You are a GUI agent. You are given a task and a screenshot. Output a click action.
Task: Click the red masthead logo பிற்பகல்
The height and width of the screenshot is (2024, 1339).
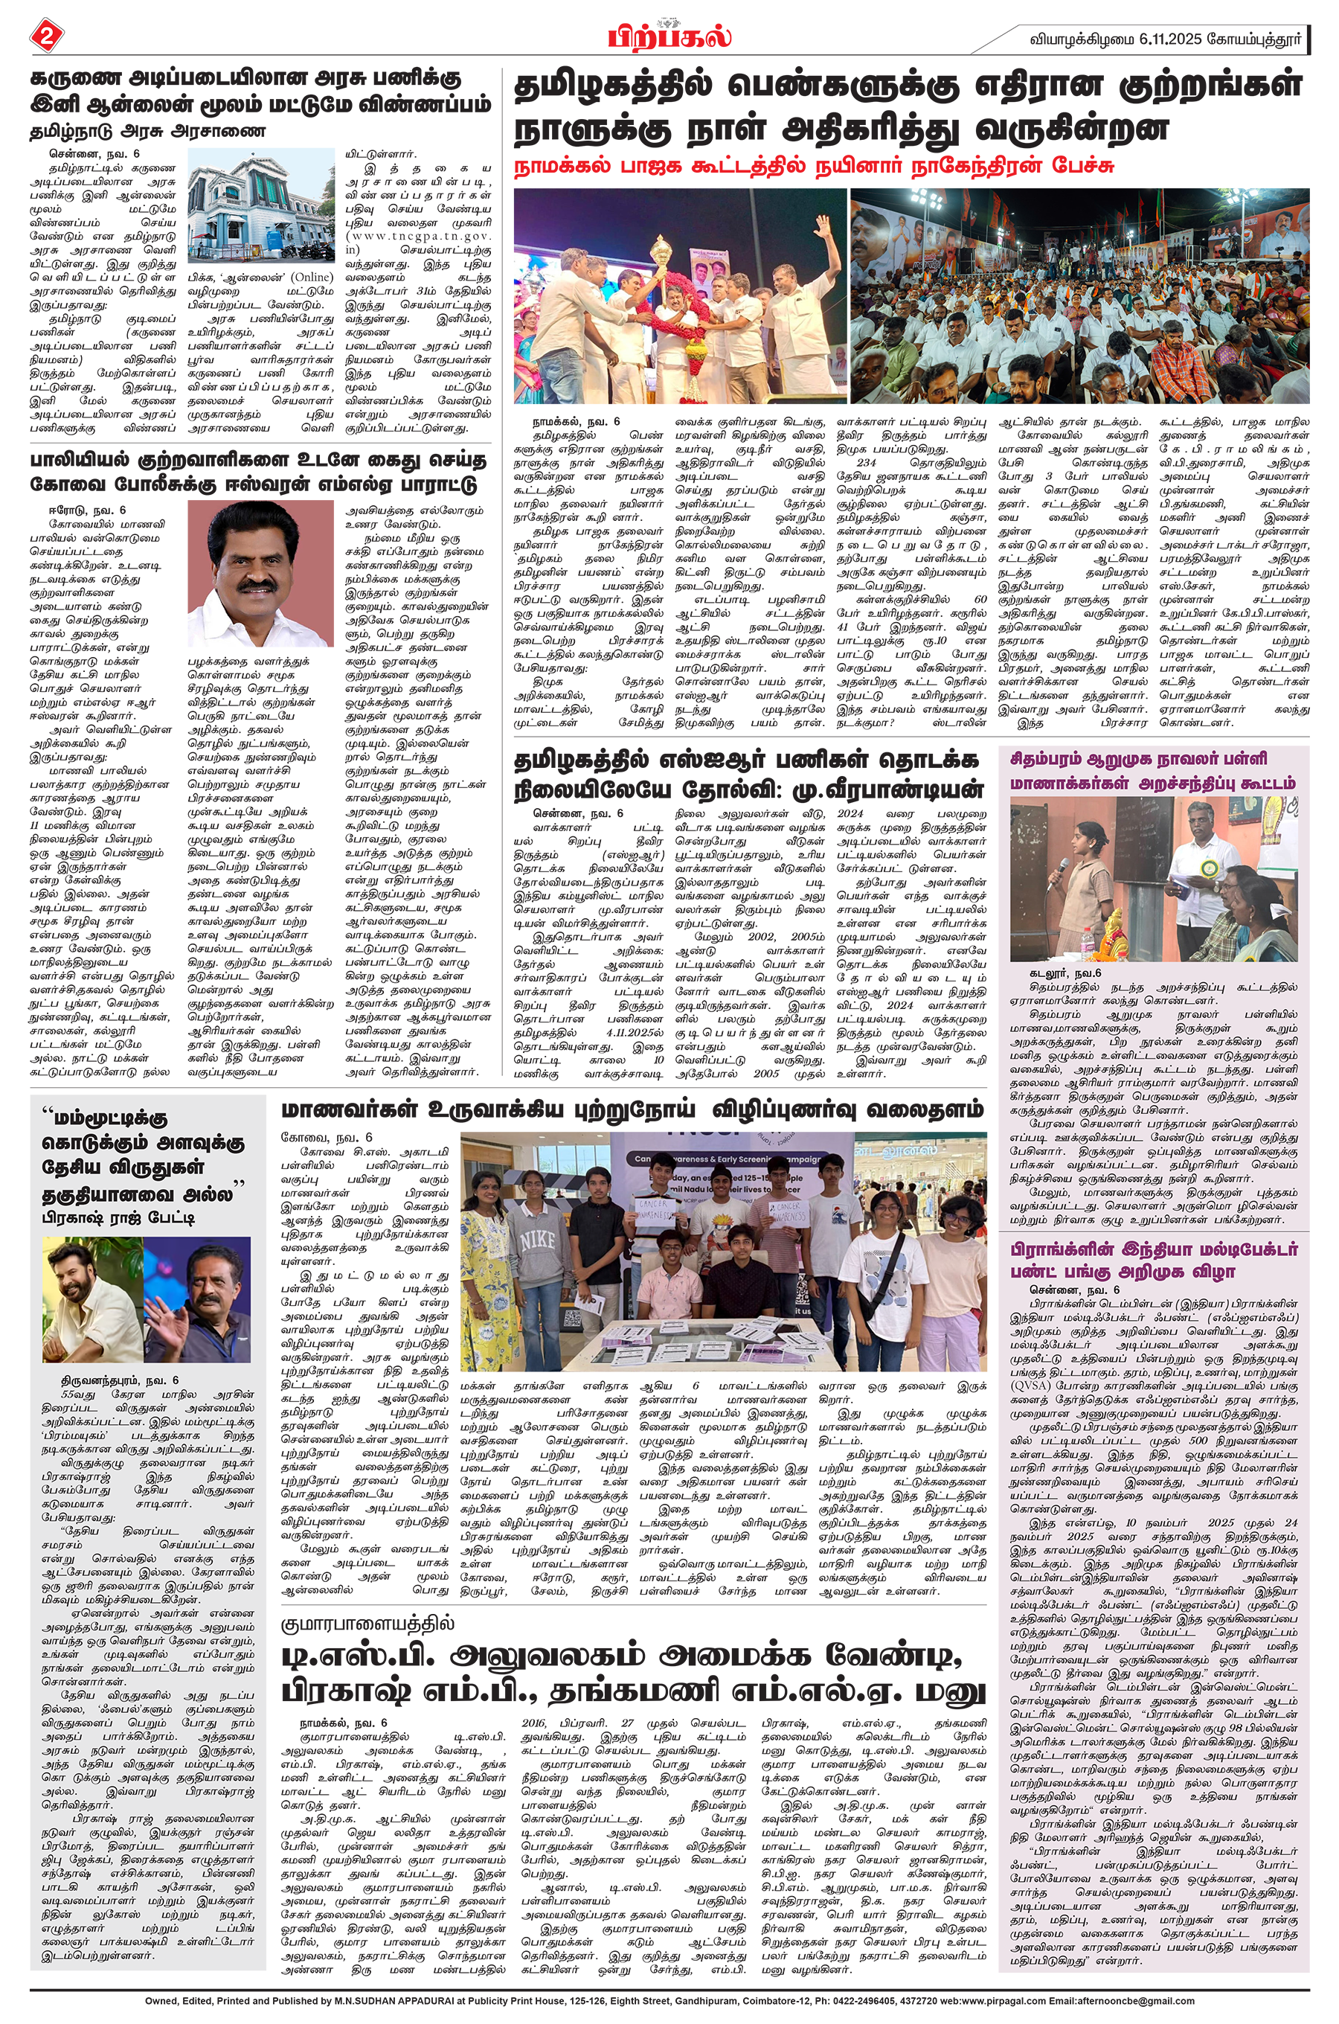(669, 36)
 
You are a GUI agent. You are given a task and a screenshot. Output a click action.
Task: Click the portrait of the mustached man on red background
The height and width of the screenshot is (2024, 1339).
(260, 573)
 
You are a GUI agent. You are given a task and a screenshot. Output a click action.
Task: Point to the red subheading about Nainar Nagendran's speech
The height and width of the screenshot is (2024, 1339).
(813, 167)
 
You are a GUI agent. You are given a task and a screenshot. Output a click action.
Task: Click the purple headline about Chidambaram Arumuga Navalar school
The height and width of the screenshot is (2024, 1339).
(1153, 771)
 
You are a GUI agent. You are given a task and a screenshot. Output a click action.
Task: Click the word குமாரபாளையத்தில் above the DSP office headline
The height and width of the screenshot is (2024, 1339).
(368, 1624)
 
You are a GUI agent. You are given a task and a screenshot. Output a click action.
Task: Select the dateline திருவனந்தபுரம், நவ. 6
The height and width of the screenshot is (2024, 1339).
(120, 1380)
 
